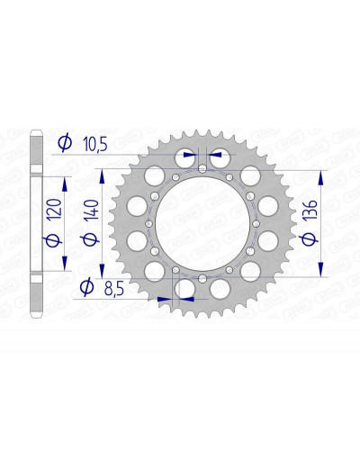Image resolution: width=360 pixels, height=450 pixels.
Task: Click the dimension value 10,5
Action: [95, 145]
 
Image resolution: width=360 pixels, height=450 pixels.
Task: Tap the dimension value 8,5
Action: [114, 290]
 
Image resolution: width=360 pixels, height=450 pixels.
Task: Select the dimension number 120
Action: [54, 210]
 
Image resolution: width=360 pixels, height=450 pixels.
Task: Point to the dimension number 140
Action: [91, 211]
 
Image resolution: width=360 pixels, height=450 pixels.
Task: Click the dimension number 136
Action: [310, 210]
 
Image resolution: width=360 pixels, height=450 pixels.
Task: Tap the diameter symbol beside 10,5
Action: [65, 142]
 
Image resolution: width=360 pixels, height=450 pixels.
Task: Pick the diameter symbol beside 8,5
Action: [86, 287]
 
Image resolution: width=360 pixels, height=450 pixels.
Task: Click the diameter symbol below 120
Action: [53, 240]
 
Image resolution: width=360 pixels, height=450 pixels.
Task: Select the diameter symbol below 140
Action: [90, 239]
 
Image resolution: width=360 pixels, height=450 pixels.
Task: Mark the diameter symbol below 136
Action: [309, 238]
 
